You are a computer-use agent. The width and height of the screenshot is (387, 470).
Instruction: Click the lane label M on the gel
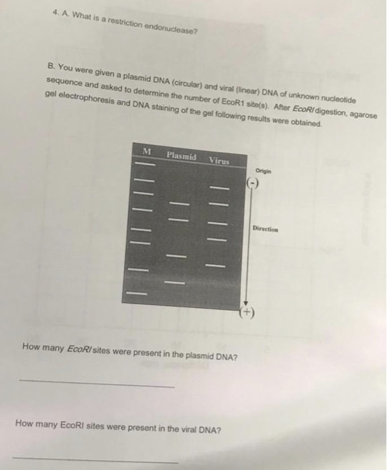(147, 151)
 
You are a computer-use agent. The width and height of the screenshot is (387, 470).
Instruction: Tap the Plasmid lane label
(182, 156)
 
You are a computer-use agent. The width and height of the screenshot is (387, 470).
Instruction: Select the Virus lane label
(219, 160)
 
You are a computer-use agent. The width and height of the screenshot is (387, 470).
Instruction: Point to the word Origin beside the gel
(264, 171)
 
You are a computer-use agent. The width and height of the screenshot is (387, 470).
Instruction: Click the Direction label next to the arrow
(265, 229)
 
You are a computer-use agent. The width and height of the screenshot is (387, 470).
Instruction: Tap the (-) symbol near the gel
(252, 183)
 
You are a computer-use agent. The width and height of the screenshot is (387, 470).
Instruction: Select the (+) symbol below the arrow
(247, 312)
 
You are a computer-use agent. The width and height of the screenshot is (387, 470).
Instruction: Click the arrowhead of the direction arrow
(246, 303)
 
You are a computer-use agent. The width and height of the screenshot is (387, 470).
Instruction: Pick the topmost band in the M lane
(146, 164)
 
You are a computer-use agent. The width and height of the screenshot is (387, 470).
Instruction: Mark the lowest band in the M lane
(137, 293)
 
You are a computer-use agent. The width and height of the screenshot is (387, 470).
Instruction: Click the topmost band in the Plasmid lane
(180, 204)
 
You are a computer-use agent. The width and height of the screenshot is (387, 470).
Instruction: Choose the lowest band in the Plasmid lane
(174, 283)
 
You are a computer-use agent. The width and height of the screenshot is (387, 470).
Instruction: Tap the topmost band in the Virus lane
(219, 188)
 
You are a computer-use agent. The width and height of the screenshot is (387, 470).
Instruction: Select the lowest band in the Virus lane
(215, 266)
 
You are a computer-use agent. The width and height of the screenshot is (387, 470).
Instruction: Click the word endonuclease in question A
(171, 28)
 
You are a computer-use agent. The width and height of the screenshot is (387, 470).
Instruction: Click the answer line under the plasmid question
(97, 383)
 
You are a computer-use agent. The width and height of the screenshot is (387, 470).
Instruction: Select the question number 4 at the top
(55, 12)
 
